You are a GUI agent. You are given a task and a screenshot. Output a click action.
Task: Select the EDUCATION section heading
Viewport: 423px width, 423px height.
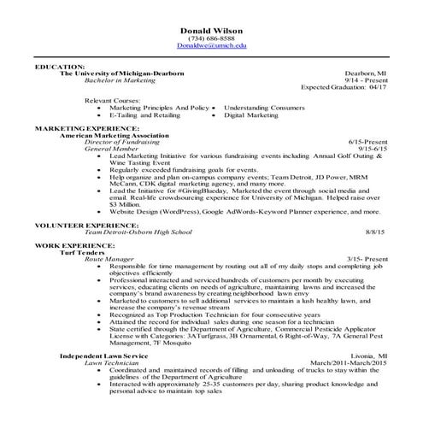click(x=60, y=66)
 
